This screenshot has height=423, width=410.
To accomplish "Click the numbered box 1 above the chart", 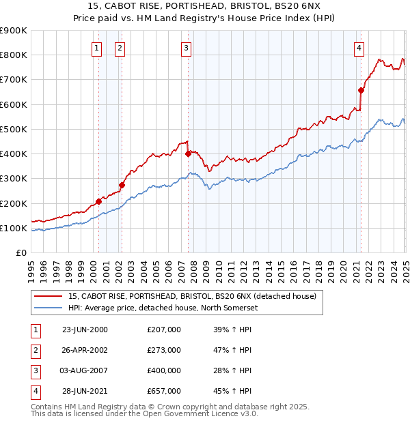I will tap(96, 48).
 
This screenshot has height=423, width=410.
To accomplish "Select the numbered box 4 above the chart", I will tap(359, 48).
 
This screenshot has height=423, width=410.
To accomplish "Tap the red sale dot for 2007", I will tap(188, 154).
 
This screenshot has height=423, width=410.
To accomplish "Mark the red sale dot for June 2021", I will tap(361, 90).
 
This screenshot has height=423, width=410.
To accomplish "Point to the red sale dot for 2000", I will tap(98, 201).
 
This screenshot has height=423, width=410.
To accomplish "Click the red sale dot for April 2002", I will tap(122, 185).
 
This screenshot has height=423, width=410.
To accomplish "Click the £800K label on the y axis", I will tap(14, 55).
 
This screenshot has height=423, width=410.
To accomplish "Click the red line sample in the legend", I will tap(49, 297).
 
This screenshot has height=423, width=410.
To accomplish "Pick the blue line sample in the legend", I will tap(49, 308).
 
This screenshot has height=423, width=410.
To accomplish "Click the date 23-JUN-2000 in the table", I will tap(85, 330).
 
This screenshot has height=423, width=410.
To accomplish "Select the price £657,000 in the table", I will tap(164, 391).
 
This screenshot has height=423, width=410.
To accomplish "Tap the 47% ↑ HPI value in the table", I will tap(232, 350).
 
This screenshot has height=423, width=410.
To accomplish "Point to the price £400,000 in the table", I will tap(164, 370).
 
